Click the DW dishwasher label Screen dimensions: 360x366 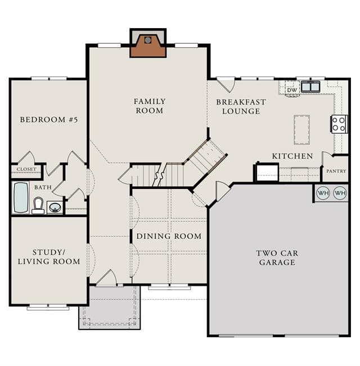pyautogui.click(x=292, y=90)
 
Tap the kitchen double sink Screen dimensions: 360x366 pyautogui.click(x=310, y=87)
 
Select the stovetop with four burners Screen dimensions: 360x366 pyautogui.click(x=339, y=124)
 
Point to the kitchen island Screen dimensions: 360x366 pyautogui.click(x=301, y=129)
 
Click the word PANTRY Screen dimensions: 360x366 pyautogui.click(x=336, y=171)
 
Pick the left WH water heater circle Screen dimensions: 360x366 pyautogui.click(x=323, y=193)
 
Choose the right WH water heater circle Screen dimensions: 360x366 pyautogui.click(x=340, y=193)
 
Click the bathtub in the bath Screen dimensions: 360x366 pyautogui.click(x=21, y=197)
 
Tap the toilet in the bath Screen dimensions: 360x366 pyautogui.click(x=38, y=206)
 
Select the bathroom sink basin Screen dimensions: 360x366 pyautogui.click(x=55, y=207)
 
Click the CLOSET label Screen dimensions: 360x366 pyautogui.click(x=26, y=169)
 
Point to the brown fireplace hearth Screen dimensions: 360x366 pyautogui.click(x=148, y=46)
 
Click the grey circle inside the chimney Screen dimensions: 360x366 pyautogui.click(x=147, y=40)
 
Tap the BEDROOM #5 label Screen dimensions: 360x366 pyautogui.click(x=48, y=120)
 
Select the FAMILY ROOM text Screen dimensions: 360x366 pyautogui.click(x=150, y=106)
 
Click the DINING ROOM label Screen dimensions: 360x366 pyautogui.click(x=169, y=236)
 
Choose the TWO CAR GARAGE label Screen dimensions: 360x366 pyautogui.click(x=277, y=257)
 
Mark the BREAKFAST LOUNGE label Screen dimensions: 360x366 pyautogui.click(x=241, y=107)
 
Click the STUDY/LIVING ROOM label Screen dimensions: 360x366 pyautogui.click(x=49, y=257)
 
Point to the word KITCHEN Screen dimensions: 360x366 pyautogui.click(x=292, y=156)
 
